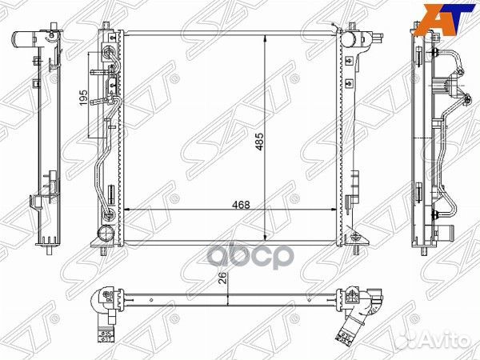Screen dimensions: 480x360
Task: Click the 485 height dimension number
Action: point(259,142)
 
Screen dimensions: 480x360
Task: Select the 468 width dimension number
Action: point(241,205)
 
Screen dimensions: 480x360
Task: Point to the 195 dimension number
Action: point(83,98)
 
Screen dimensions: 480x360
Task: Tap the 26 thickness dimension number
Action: point(223,278)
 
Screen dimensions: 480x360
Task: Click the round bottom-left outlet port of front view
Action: point(106,234)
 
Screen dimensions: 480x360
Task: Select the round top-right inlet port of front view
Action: point(348,39)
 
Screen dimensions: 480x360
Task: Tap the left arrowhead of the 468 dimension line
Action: point(128,210)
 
